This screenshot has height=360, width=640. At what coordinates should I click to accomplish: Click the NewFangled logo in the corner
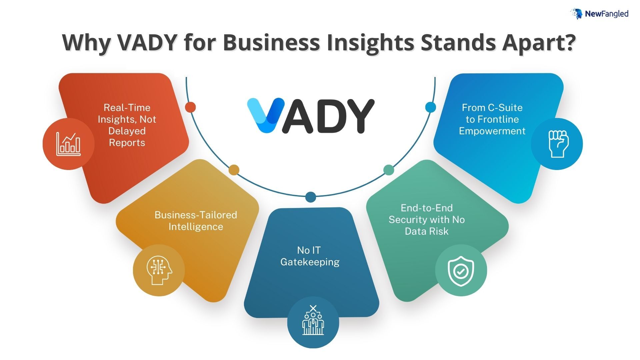tap(599, 14)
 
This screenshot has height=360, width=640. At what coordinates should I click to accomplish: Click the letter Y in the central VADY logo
tap(357, 116)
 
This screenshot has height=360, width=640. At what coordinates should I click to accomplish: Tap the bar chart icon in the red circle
tap(68, 144)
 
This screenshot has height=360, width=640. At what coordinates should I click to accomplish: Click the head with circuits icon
tap(159, 270)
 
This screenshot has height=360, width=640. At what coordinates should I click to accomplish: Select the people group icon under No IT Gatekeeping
tap(313, 320)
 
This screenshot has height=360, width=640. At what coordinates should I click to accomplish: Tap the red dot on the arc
tap(190, 107)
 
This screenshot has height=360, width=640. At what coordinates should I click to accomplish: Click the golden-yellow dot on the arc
tap(234, 170)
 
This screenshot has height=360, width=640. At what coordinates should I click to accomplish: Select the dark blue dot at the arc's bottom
tap(311, 197)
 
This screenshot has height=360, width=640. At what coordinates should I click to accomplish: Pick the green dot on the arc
tap(389, 170)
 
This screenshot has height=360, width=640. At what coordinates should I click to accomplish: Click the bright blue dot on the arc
tap(431, 107)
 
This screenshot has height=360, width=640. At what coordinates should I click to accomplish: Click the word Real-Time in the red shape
tap(127, 108)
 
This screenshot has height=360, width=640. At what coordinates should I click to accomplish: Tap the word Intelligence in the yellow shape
tap(196, 227)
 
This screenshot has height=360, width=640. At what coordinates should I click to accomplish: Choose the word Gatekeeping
tap(310, 262)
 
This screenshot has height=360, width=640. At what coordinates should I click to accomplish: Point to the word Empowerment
tap(492, 131)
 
